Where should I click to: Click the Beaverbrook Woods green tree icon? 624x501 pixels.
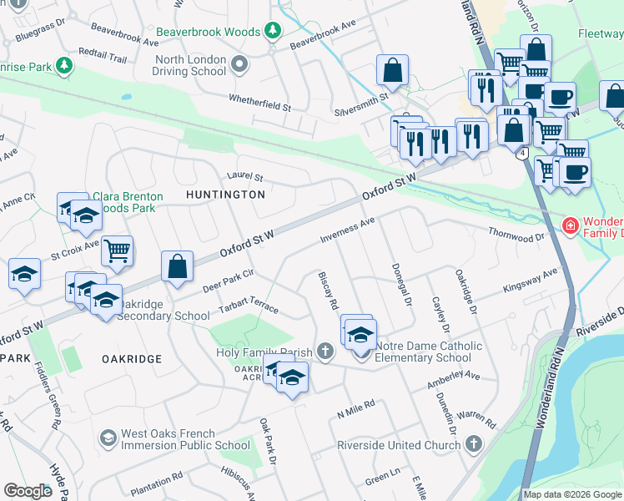click(272, 31)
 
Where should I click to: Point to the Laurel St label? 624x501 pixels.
click(244, 177)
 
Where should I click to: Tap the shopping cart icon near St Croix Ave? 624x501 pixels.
click(118, 250)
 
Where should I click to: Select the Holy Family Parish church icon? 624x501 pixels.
click(325, 352)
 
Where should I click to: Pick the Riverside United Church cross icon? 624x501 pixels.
click(475, 444)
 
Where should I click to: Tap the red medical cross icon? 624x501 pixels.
click(570, 225)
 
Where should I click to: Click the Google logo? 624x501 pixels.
click(28, 491)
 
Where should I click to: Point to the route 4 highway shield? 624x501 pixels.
click(521, 154)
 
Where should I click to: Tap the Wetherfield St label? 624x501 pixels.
click(260, 103)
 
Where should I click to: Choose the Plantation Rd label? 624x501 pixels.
click(156, 478)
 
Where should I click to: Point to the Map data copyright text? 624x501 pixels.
click(572, 493)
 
